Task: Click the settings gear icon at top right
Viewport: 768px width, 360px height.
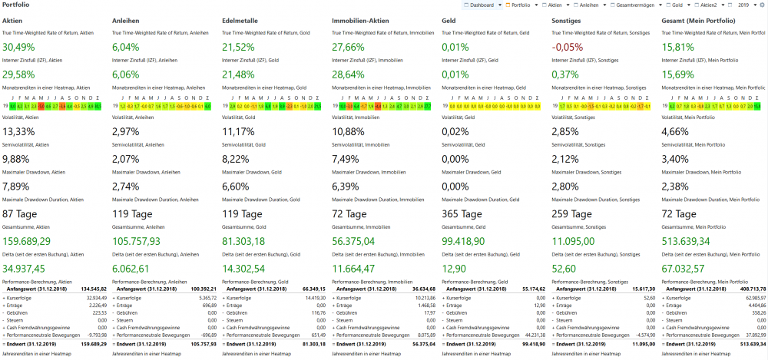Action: (x=762, y=5)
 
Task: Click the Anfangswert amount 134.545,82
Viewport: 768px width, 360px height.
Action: (x=91, y=289)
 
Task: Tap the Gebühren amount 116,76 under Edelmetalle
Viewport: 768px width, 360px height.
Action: (x=315, y=312)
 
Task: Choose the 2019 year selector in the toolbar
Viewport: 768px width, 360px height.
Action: (x=743, y=5)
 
